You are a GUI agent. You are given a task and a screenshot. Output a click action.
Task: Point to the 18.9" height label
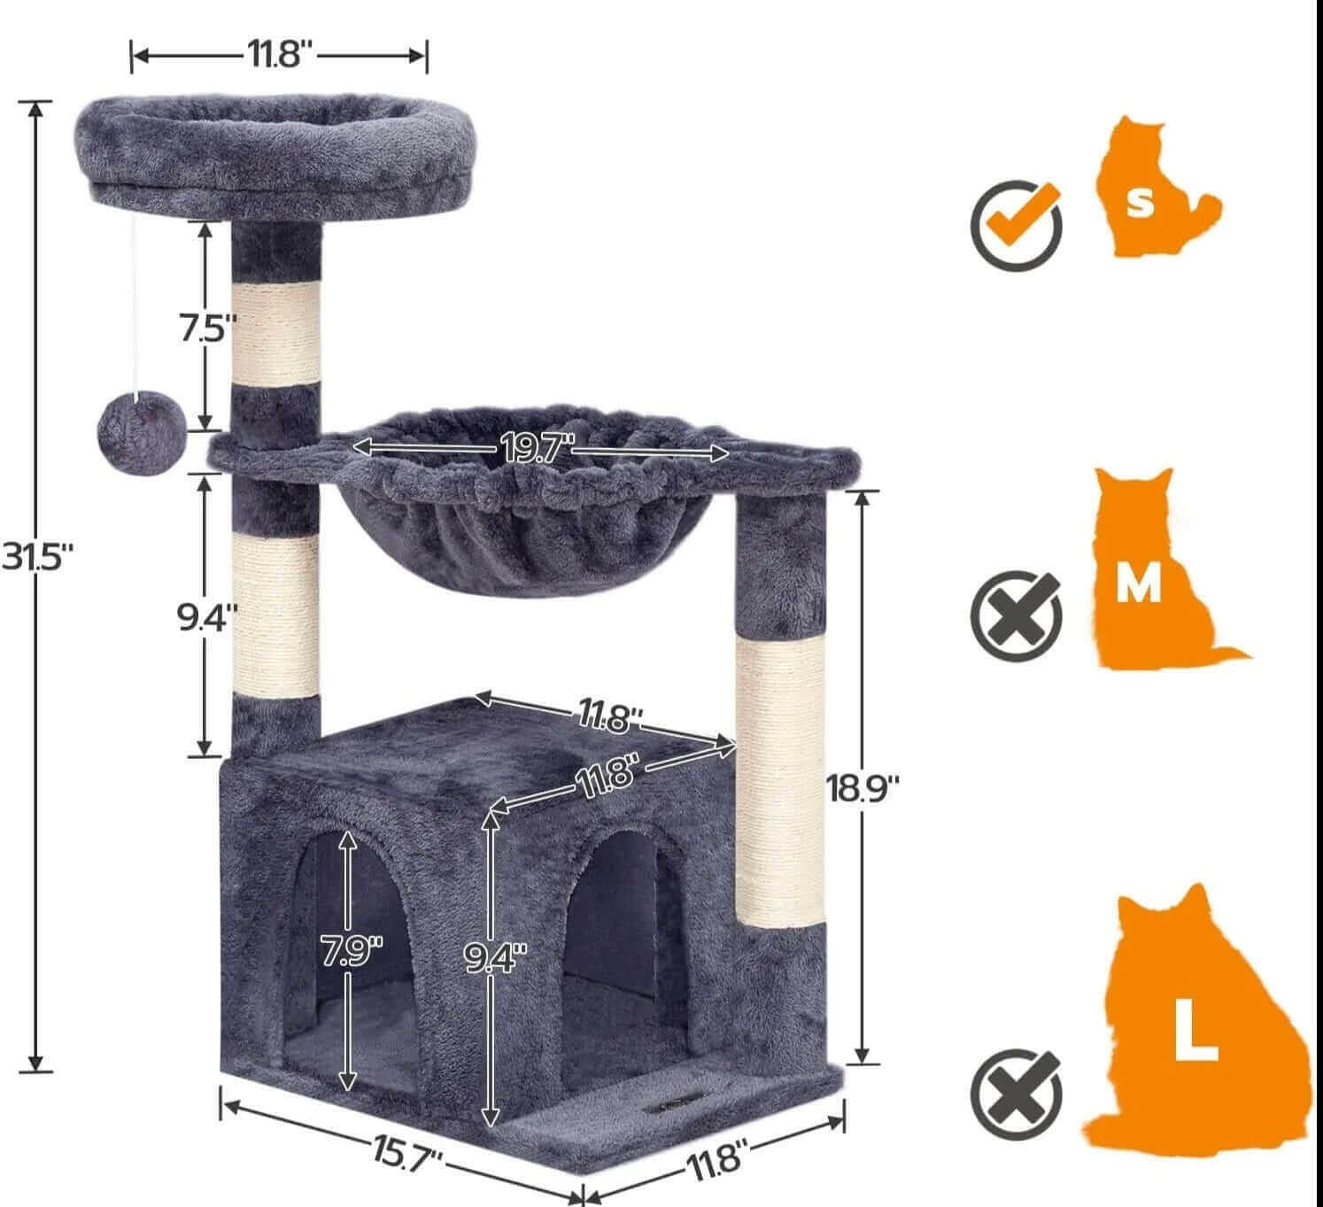point(863,785)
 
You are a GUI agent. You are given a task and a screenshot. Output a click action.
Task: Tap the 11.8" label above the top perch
point(280,54)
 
